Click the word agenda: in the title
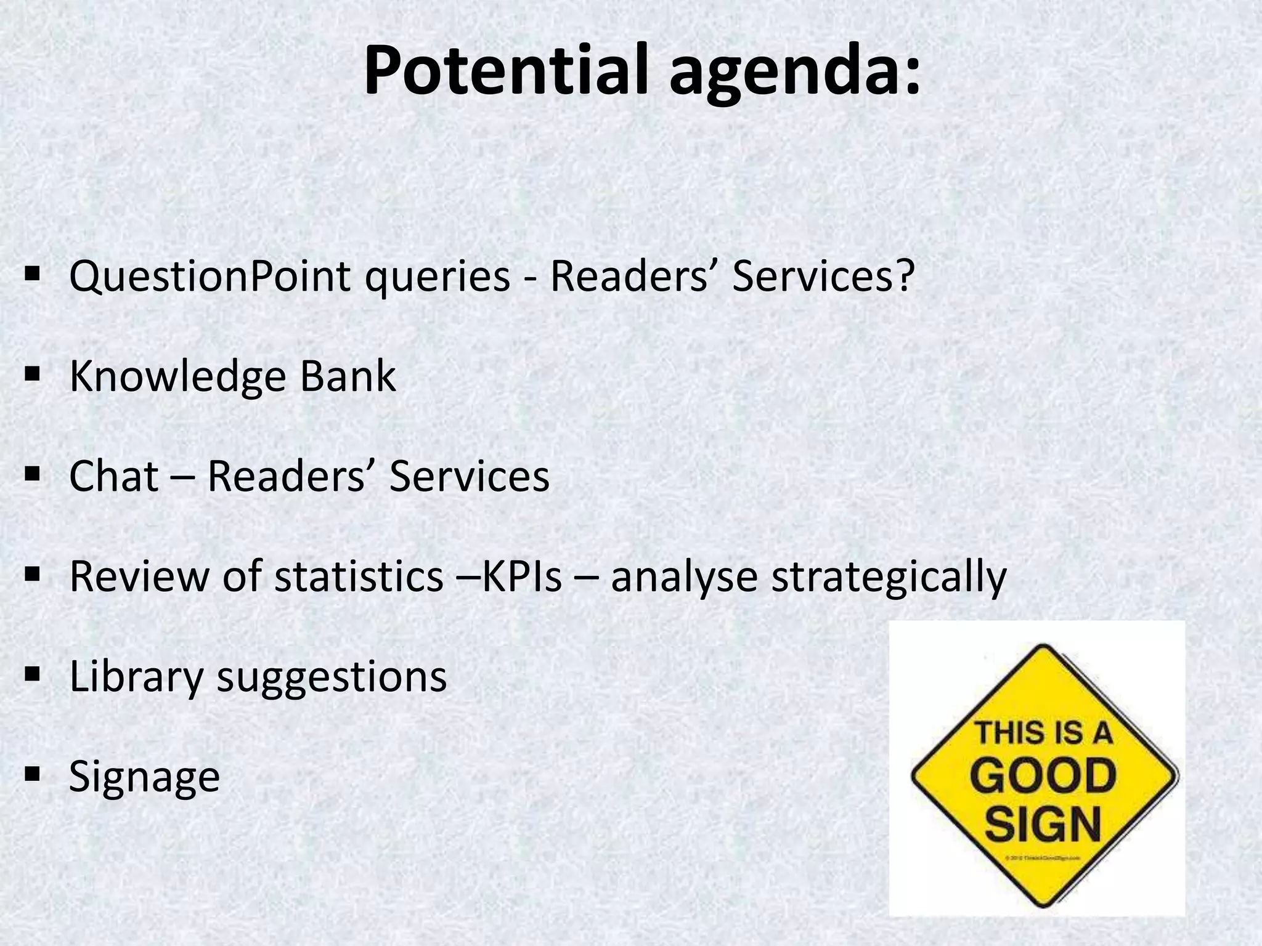point(795,77)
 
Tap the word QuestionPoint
point(209,277)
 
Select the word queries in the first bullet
point(437,279)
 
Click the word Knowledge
point(177,378)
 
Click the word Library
point(136,677)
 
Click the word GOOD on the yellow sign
point(1043,778)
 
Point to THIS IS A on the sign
point(1043,734)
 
